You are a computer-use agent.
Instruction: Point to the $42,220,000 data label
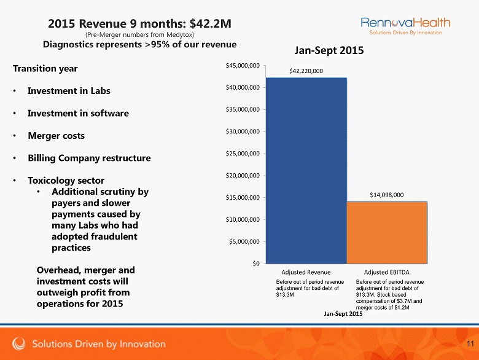(x=306, y=71)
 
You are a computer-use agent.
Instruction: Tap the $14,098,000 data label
(x=387, y=194)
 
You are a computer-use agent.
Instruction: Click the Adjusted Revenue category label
(x=306, y=272)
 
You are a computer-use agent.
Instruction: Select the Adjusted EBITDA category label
(x=387, y=272)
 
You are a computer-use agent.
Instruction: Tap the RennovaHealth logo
(x=405, y=26)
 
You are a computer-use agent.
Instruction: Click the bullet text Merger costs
(x=56, y=135)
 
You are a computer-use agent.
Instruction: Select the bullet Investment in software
(x=78, y=113)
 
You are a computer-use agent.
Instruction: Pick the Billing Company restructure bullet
(x=89, y=158)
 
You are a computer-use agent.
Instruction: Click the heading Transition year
(x=45, y=68)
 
